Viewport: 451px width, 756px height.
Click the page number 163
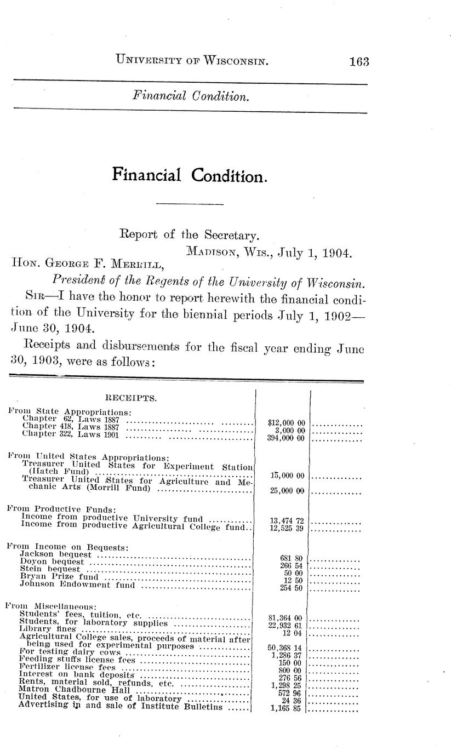(x=359, y=61)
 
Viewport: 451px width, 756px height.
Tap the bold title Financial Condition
(x=190, y=175)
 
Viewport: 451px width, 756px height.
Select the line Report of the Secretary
(x=189, y=235)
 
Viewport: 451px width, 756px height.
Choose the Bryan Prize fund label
(x=59, y=576)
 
